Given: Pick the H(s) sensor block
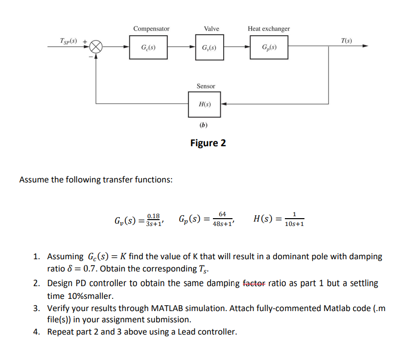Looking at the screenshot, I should point(204,104).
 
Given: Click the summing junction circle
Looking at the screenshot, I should point(96,47).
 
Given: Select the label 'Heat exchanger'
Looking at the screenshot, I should point(269,29).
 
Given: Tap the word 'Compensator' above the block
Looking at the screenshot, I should point(151,29).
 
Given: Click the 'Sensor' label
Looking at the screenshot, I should point(206,86).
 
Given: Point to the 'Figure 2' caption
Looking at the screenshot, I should point(208,143).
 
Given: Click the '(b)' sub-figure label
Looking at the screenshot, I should point(204,125).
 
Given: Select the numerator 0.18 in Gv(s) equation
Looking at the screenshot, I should point(153,216).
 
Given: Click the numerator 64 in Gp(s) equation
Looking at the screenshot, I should point(223,214).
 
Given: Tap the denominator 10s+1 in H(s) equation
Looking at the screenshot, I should point(294,224).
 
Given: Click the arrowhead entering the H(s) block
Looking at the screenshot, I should point(224,104).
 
